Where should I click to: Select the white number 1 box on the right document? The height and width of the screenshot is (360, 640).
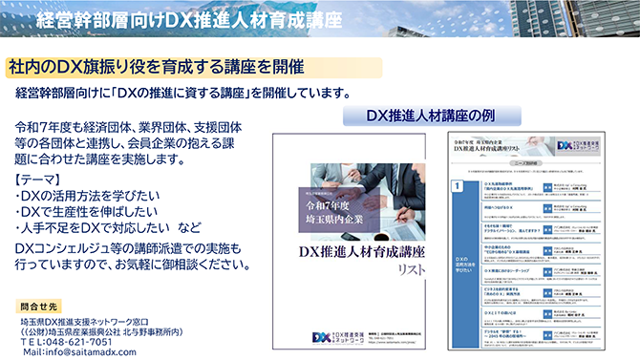459,186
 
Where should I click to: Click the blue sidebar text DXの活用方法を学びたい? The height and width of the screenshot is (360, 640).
460,264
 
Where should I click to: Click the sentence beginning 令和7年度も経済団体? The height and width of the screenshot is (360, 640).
128,126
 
